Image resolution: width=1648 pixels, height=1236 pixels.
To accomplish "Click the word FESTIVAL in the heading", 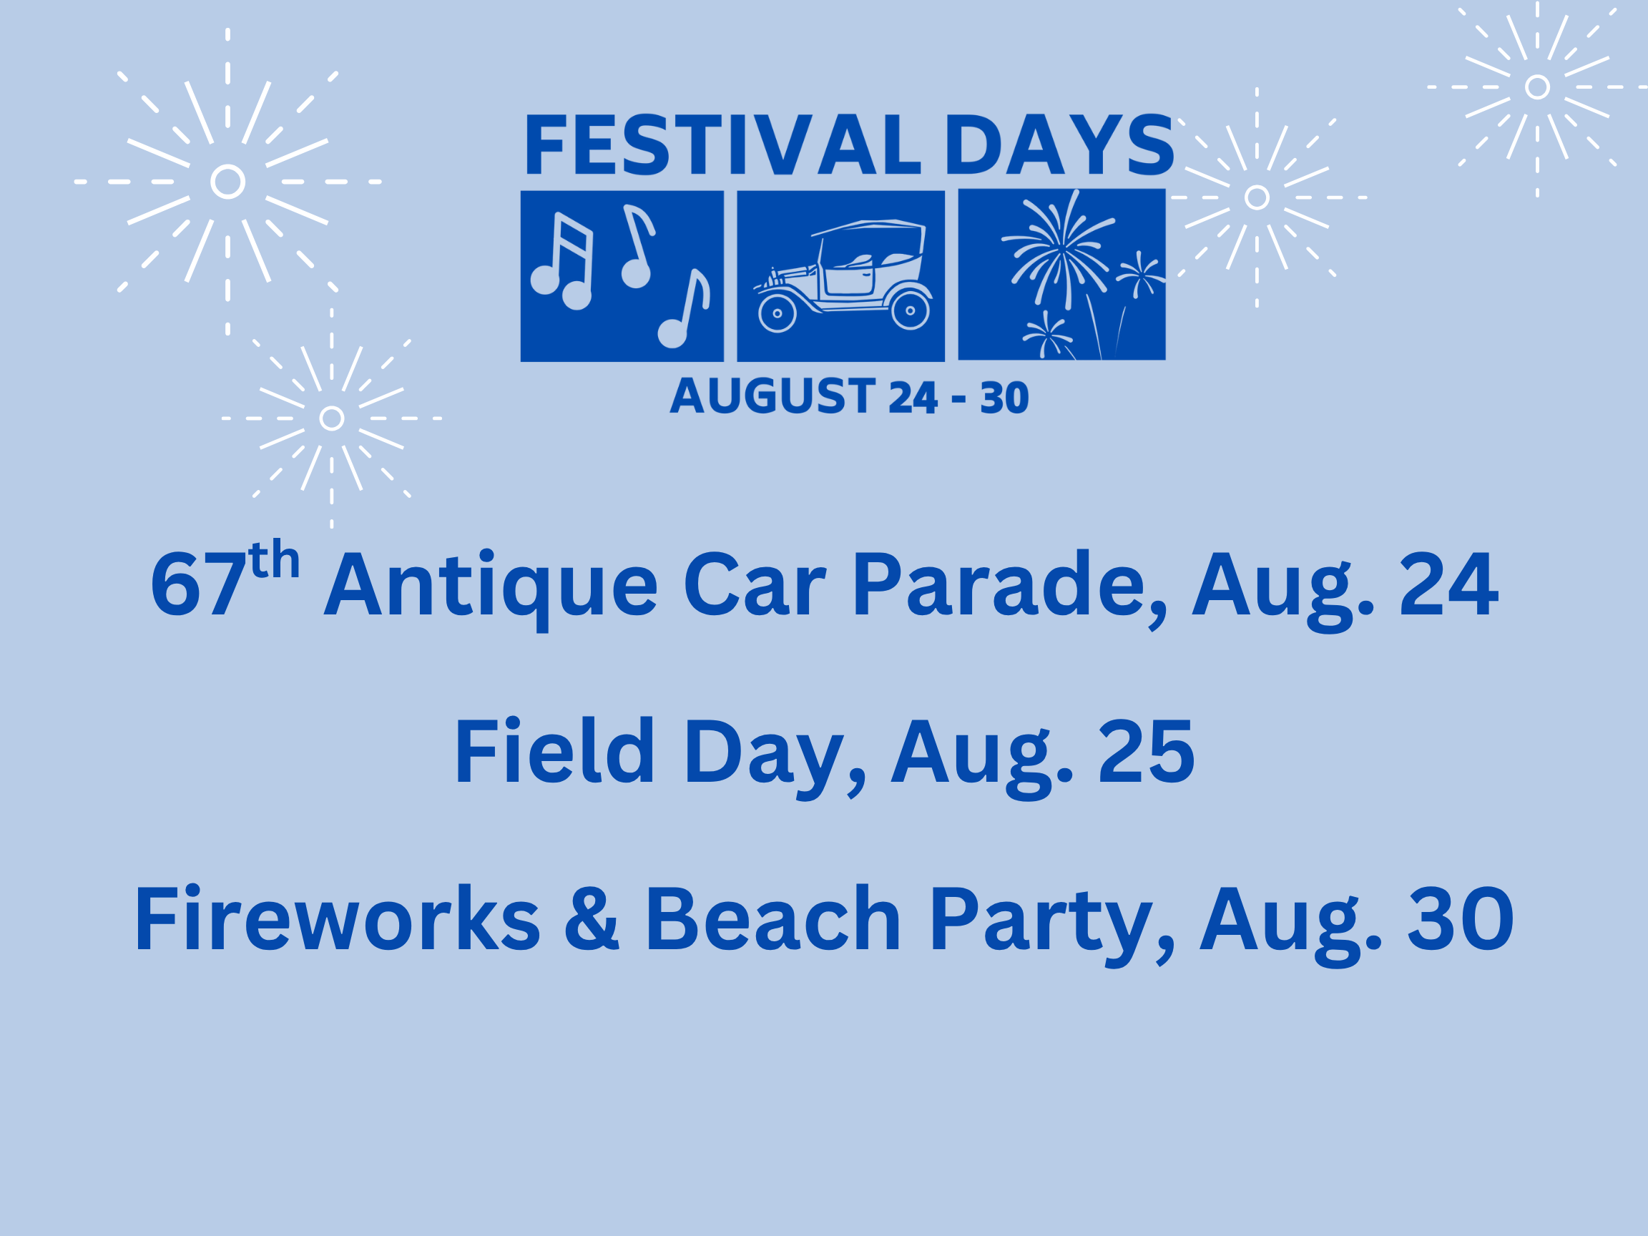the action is click(x=724, y=144).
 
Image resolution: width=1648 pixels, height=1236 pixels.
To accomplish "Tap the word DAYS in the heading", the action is click(x=1059, y=144).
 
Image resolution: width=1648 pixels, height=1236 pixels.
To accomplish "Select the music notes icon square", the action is click(x=622, y=275).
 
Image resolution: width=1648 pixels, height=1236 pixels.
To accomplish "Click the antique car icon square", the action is click(x=840, y=275).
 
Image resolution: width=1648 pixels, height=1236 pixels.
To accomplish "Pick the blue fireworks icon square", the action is click(x=1061, y=274).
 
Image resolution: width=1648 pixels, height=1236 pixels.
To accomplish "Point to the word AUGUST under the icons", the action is click(x=772, y=396).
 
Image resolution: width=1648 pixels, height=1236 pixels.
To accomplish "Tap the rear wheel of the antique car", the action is click(x=910, y=310).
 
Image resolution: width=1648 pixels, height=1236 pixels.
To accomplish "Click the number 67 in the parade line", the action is click(x=198, y=584).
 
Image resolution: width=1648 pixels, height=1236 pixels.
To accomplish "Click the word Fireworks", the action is click(x=337, y=918).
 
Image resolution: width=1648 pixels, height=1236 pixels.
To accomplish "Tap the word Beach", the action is click(x=773, y=918).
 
